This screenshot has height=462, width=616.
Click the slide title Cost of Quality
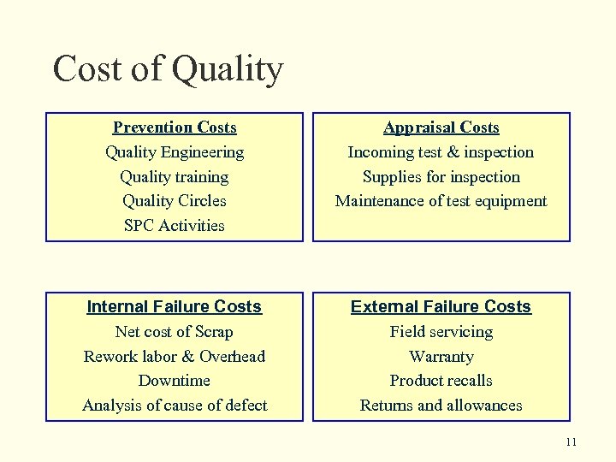coord(167,69)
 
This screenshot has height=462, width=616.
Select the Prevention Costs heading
coord(175,127)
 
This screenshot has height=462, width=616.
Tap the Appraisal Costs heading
coord(441,127)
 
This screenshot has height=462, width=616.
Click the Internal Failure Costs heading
coord(175,306)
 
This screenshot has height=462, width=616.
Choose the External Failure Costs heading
coord(441,306)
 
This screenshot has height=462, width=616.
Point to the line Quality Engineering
coord(175,152)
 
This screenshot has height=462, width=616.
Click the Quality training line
coord(175,177)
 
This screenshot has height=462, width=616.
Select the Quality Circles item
coord(175,201)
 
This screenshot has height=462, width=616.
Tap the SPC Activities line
coord(175,226)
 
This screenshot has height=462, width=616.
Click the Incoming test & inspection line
coord(441,152)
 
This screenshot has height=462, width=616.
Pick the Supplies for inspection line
coord(441,177)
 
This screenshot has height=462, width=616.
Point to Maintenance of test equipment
coord(441,201)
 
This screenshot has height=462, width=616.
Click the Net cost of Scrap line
coord(175,332)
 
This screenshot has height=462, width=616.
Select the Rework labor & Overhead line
coord(175,356)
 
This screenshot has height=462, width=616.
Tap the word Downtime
coord(175,381)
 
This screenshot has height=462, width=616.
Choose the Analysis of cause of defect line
coord(175,406)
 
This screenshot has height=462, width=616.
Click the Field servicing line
coord(441,332)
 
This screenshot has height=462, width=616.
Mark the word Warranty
coord(441,356)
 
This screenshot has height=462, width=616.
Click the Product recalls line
coord(441,381)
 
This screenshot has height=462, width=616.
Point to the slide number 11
coord(572,441)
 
